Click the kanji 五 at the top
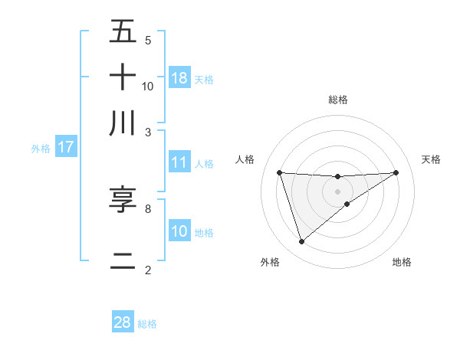pyautogui.click(x=123, y=32)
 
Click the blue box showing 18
pyautogui.click(x=179, y=78)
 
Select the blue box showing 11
pyautogui.click(x=179, y=162)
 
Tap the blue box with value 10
pyautogui.click(x=179, y=231)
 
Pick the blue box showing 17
pyautogui.click(x=66, y=147)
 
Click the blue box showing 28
pyautogui.click(x=123, y=322)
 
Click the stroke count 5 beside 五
pyautogui.click(x=148, y=41)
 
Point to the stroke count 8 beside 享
pyautogui.click(x=148, y=208)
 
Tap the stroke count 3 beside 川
pyautogui.click(x=148, y=131)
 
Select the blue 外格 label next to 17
pyautogui.click(x=41, y=149)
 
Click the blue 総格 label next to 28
pyautogui.click(x=147, y=324)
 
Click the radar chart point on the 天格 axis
pyautogui.click(x=396, y=172)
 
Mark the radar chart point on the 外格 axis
pyautogui.click(x=301, y=242)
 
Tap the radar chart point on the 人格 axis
pyautogui.click(x=280, y=172)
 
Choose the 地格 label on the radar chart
pyautogui.click(x=402, y=263)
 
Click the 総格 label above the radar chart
pyautogui.click(x=338, y=100)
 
